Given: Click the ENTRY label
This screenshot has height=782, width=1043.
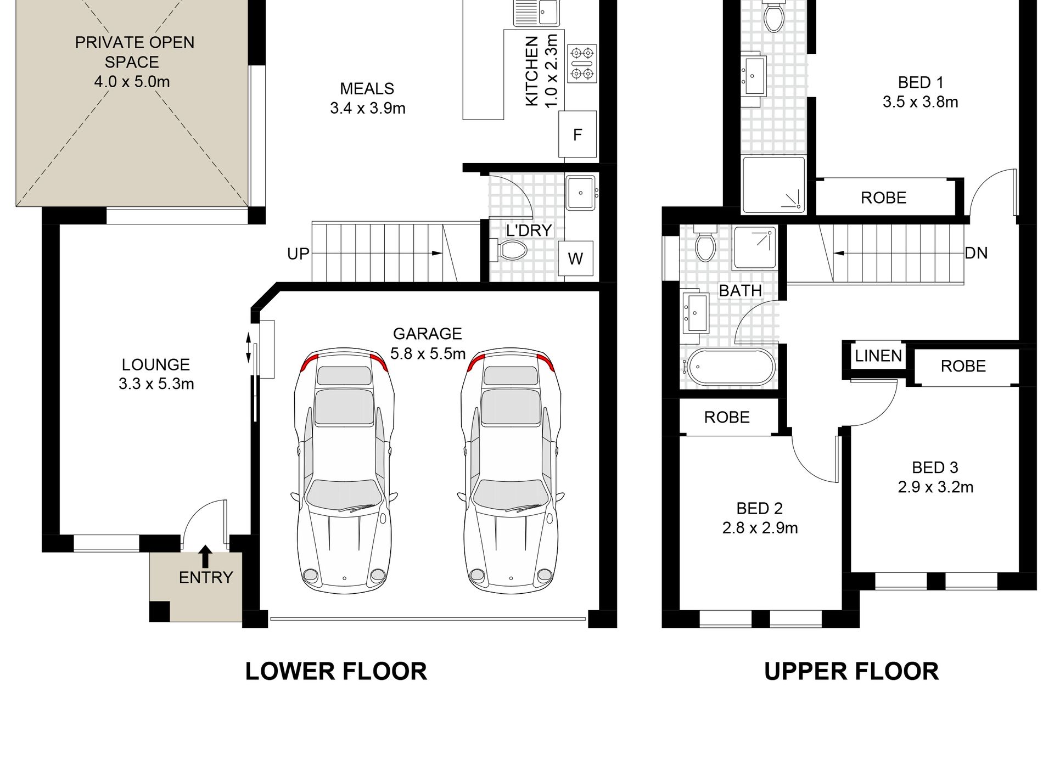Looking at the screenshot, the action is tap(206, 577).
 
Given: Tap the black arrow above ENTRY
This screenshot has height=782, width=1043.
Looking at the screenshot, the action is tap(205, 556).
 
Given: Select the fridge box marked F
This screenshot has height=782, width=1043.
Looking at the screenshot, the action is tap(577, 134).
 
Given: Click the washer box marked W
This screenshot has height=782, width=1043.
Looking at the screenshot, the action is tap(575, 258).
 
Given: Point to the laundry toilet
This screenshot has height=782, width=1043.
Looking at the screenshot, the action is tap(511, 250).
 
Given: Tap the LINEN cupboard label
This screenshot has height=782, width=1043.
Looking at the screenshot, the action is tap(878, 356).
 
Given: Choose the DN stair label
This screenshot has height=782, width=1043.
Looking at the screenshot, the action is tap(976, 253).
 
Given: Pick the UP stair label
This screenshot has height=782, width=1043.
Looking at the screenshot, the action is tap(298, 254).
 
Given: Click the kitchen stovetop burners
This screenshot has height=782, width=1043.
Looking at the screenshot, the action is tap(582, 64).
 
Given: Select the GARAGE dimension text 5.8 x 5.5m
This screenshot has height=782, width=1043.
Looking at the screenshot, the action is tap(428, 353).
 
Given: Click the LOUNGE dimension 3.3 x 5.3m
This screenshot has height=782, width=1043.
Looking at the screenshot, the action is tap(156, 384).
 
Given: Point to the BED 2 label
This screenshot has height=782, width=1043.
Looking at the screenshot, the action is tap(760, 508).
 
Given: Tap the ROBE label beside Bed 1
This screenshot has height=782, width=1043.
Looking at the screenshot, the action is tap(883, 198).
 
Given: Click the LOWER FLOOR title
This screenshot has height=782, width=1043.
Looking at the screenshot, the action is tap(336, 672).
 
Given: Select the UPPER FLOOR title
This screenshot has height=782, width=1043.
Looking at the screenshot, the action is tap(851, 672).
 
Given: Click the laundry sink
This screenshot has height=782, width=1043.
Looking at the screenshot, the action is tap(581, 193).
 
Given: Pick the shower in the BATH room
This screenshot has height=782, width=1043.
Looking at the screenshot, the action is tap(755, 247).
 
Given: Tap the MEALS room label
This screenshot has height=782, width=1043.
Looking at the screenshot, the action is tap(367, 88).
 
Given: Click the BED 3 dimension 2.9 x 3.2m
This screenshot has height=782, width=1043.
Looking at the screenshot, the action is tap(935, 487).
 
